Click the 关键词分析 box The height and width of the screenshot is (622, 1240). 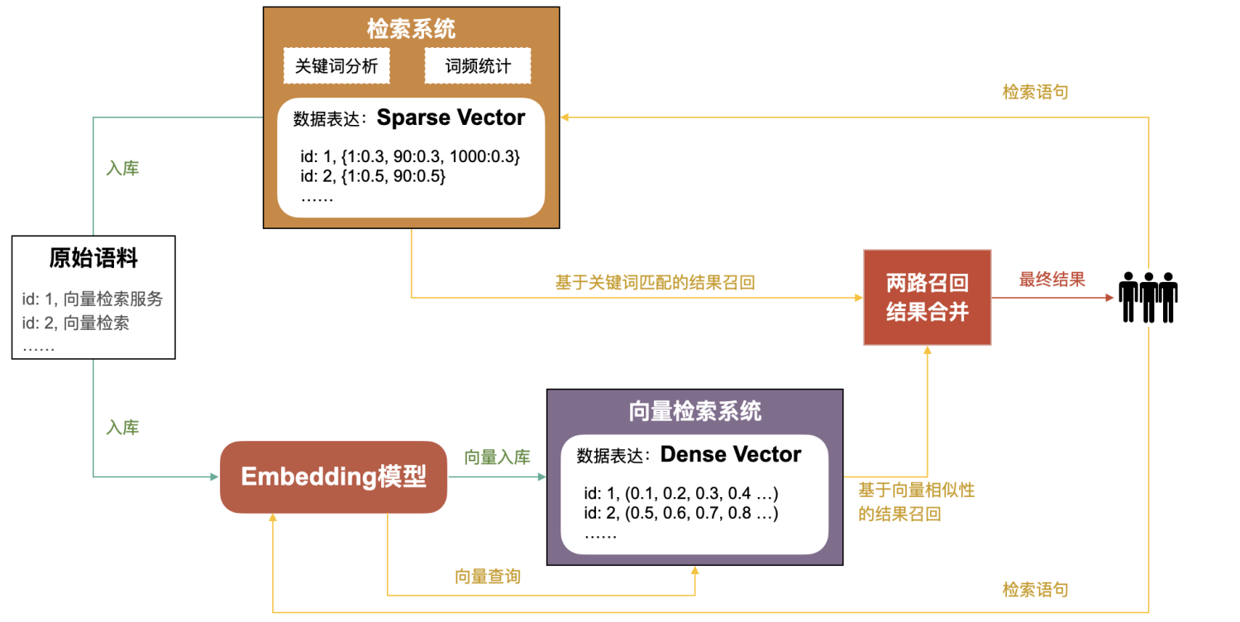336,66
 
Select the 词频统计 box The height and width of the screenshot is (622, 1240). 478,66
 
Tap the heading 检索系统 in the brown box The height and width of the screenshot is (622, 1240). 411,30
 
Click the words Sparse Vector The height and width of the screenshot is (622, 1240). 451,118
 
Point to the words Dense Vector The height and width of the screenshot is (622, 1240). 731,455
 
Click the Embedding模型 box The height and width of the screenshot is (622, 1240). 333,476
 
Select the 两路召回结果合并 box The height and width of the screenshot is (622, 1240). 927,298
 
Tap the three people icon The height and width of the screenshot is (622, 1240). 1148,297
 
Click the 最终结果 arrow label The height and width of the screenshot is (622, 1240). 1052,280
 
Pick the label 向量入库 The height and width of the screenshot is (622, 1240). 497,457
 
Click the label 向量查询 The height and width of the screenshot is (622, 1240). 488,577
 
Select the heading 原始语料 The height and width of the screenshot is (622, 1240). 93,259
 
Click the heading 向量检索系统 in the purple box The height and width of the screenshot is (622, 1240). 694,411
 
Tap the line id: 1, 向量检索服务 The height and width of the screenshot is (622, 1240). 93,299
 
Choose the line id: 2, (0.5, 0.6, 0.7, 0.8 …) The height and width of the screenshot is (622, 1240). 681,514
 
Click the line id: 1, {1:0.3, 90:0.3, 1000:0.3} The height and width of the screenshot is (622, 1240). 410,157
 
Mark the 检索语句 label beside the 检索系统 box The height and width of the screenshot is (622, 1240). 1035,92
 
